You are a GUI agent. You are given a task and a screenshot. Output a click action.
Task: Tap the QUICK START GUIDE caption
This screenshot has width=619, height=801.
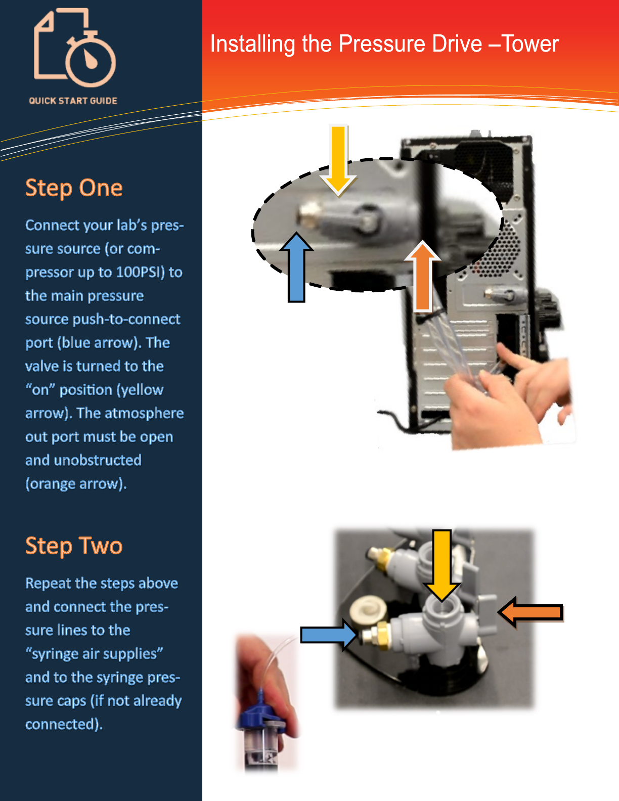pos(73,101)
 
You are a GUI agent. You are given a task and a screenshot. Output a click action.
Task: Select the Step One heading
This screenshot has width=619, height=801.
pos(74,188)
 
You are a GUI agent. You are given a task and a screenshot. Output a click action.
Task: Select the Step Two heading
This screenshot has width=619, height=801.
pos(74,546)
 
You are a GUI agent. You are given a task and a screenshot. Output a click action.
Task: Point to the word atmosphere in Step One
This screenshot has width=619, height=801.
pos(130,413)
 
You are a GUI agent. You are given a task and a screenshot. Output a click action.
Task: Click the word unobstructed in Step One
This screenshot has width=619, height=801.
pos(98,460)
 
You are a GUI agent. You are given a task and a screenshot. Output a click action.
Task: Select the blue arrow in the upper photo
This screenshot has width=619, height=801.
pos(296,267)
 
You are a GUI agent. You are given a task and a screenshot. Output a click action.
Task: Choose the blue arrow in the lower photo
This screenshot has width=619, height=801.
pos(329,635)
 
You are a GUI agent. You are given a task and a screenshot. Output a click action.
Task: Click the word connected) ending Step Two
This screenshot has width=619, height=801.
pos(64,724)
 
